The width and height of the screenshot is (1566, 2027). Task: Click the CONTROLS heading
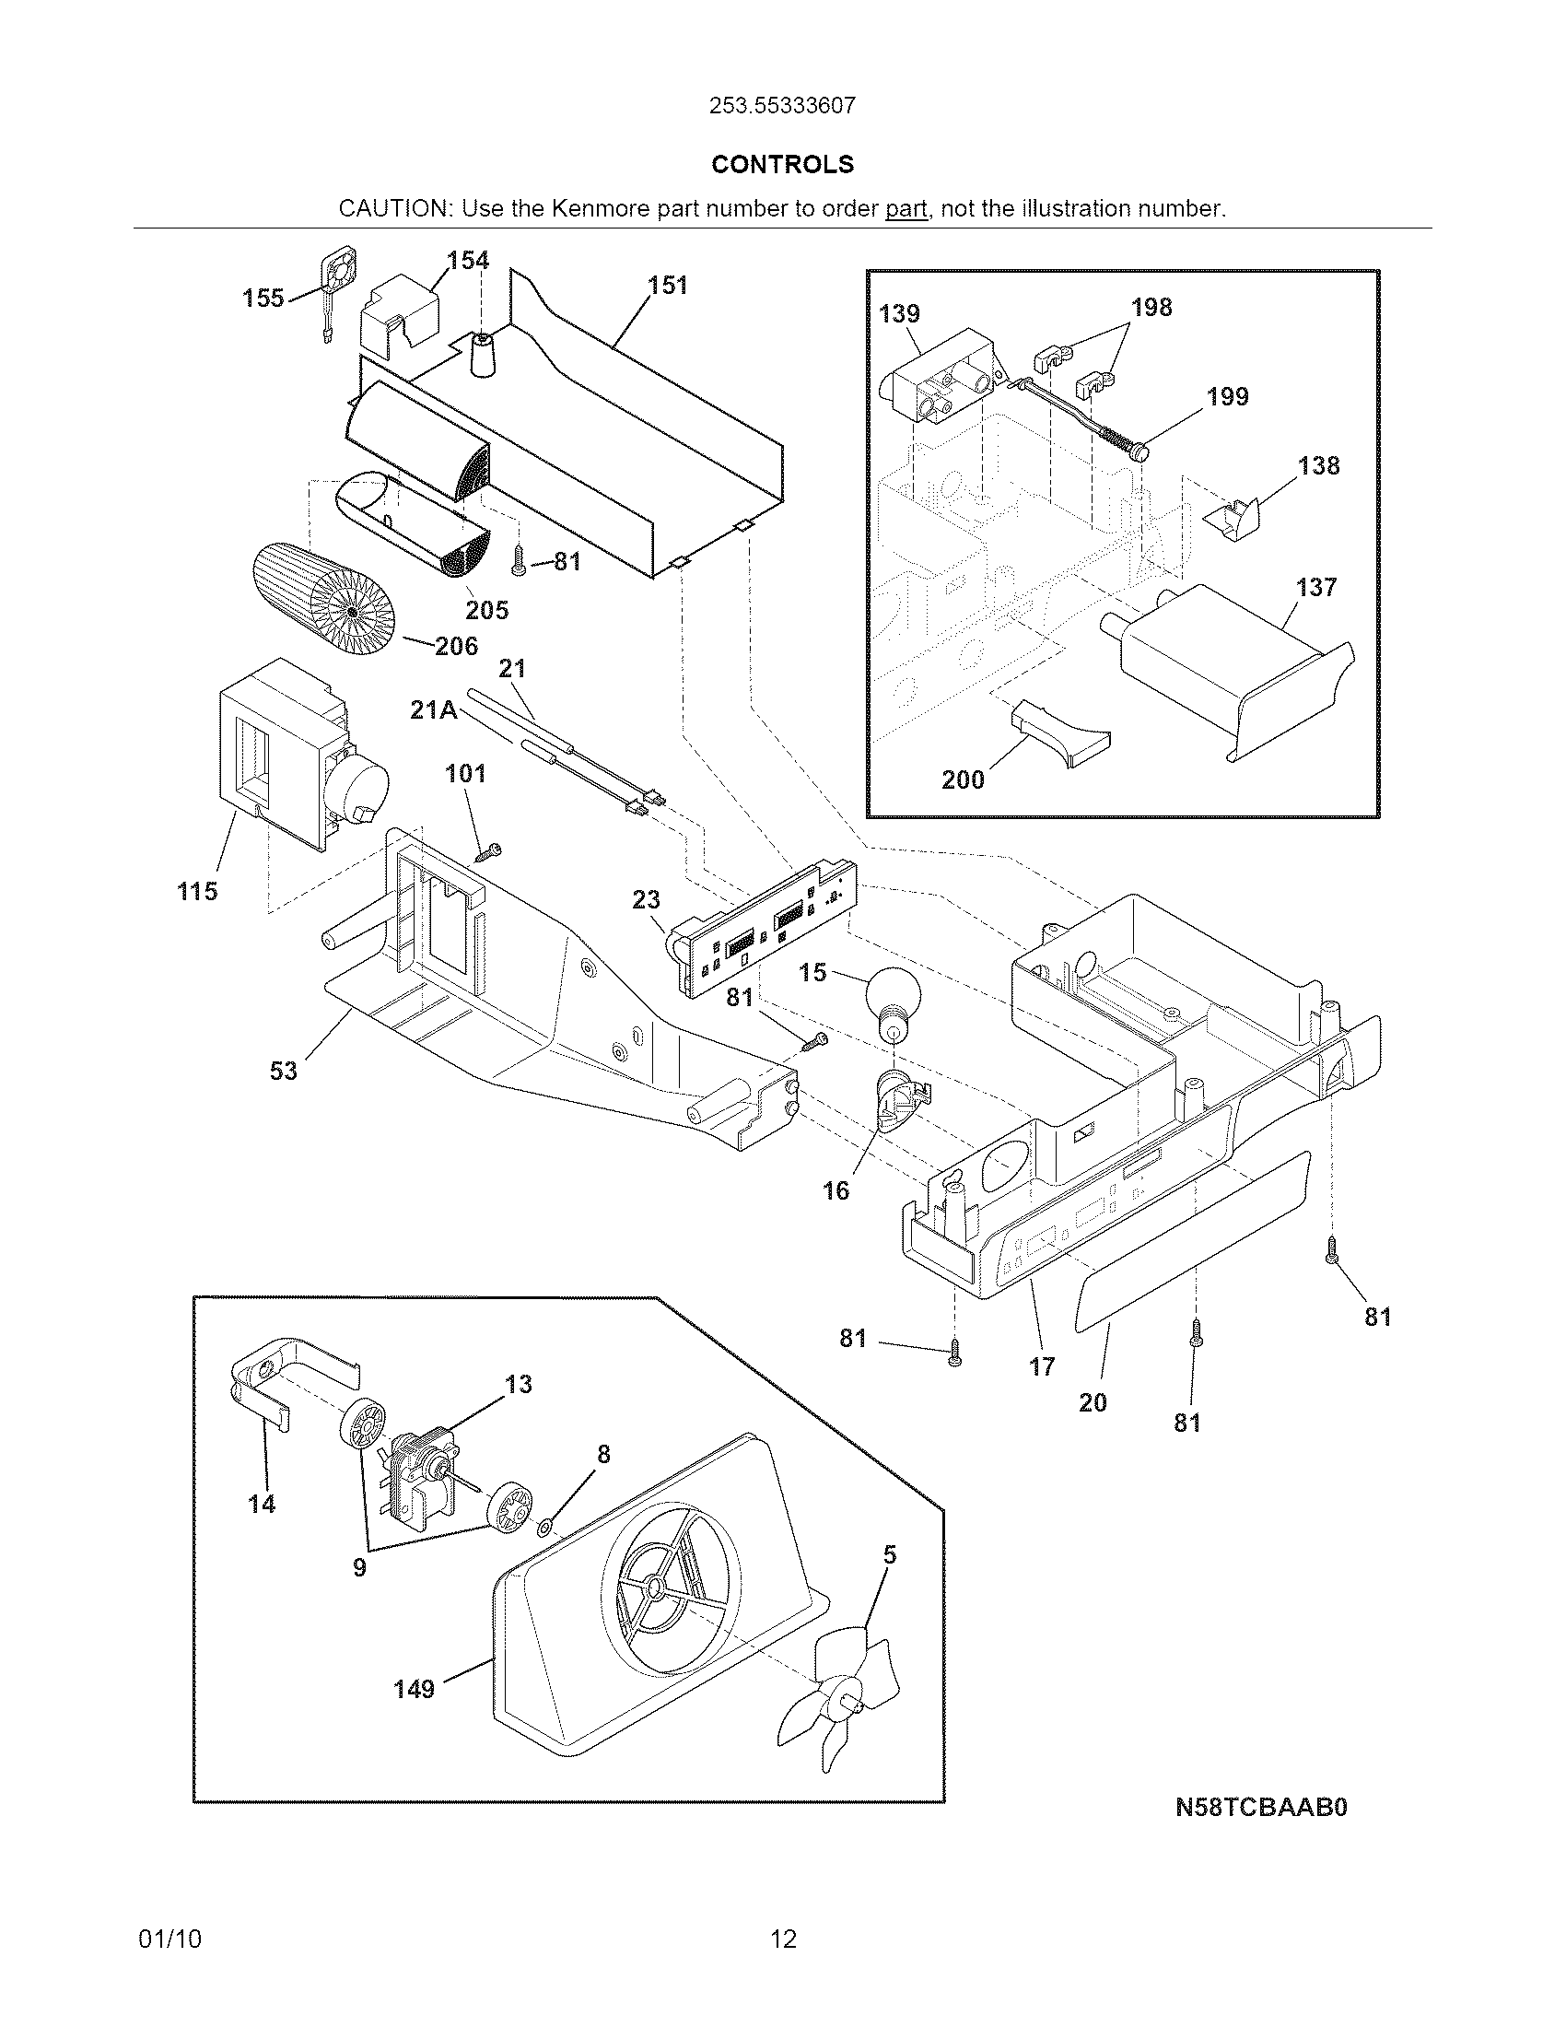point(782,164)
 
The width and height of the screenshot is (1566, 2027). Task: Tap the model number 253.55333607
point(782,106)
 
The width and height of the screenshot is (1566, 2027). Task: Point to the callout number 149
point(414,1689)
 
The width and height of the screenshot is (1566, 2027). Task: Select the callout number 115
point(197,891)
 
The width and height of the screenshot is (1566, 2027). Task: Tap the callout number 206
point(456,645)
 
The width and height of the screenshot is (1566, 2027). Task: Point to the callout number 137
point(1315,587)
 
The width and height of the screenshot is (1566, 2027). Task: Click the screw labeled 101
point(489,851)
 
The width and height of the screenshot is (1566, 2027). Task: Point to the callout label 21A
point(434,710)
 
